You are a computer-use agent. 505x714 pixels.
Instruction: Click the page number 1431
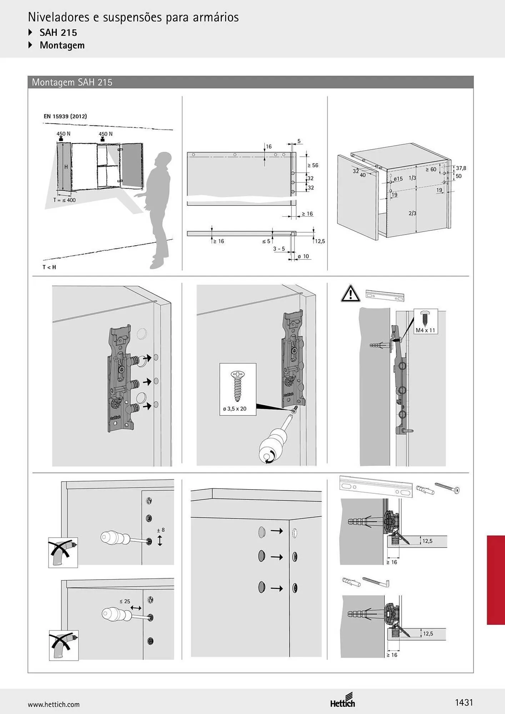[x=464, y=703]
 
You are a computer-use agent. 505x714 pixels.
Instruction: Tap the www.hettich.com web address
[x=54, y=705]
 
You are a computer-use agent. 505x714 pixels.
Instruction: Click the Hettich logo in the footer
[x=342, y=700]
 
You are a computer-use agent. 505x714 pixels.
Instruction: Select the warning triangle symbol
[x=350, y=294]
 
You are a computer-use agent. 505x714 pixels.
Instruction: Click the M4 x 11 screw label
[x=425, y=330]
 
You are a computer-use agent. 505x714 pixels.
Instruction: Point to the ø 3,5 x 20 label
[x=235, y=409]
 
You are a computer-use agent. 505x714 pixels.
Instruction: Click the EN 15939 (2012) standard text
[x=65, y=116]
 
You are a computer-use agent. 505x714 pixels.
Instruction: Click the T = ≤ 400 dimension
[x=64, y=200]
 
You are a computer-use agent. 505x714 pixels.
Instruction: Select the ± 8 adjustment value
[x=161, y=530]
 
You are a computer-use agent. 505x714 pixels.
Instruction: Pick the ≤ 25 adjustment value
[x=125, y=602]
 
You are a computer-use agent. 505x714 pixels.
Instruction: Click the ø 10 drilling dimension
[x=303, y=256]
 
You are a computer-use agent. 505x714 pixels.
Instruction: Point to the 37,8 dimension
[x=461, y=168]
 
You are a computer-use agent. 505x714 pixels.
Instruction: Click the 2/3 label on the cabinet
[x=412, y=213]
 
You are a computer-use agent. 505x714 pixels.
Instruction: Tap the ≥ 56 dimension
[x=312, y=165]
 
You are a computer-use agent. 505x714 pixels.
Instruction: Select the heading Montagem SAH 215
[x=72, y=82]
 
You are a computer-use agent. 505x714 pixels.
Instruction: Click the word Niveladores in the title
[x=59, y=17]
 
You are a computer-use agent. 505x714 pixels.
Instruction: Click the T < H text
[x=49, y=267]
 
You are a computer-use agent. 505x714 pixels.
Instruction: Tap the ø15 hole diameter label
[x=398, y=179]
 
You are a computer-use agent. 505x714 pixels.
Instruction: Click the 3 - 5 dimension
[x=279, y=249]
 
